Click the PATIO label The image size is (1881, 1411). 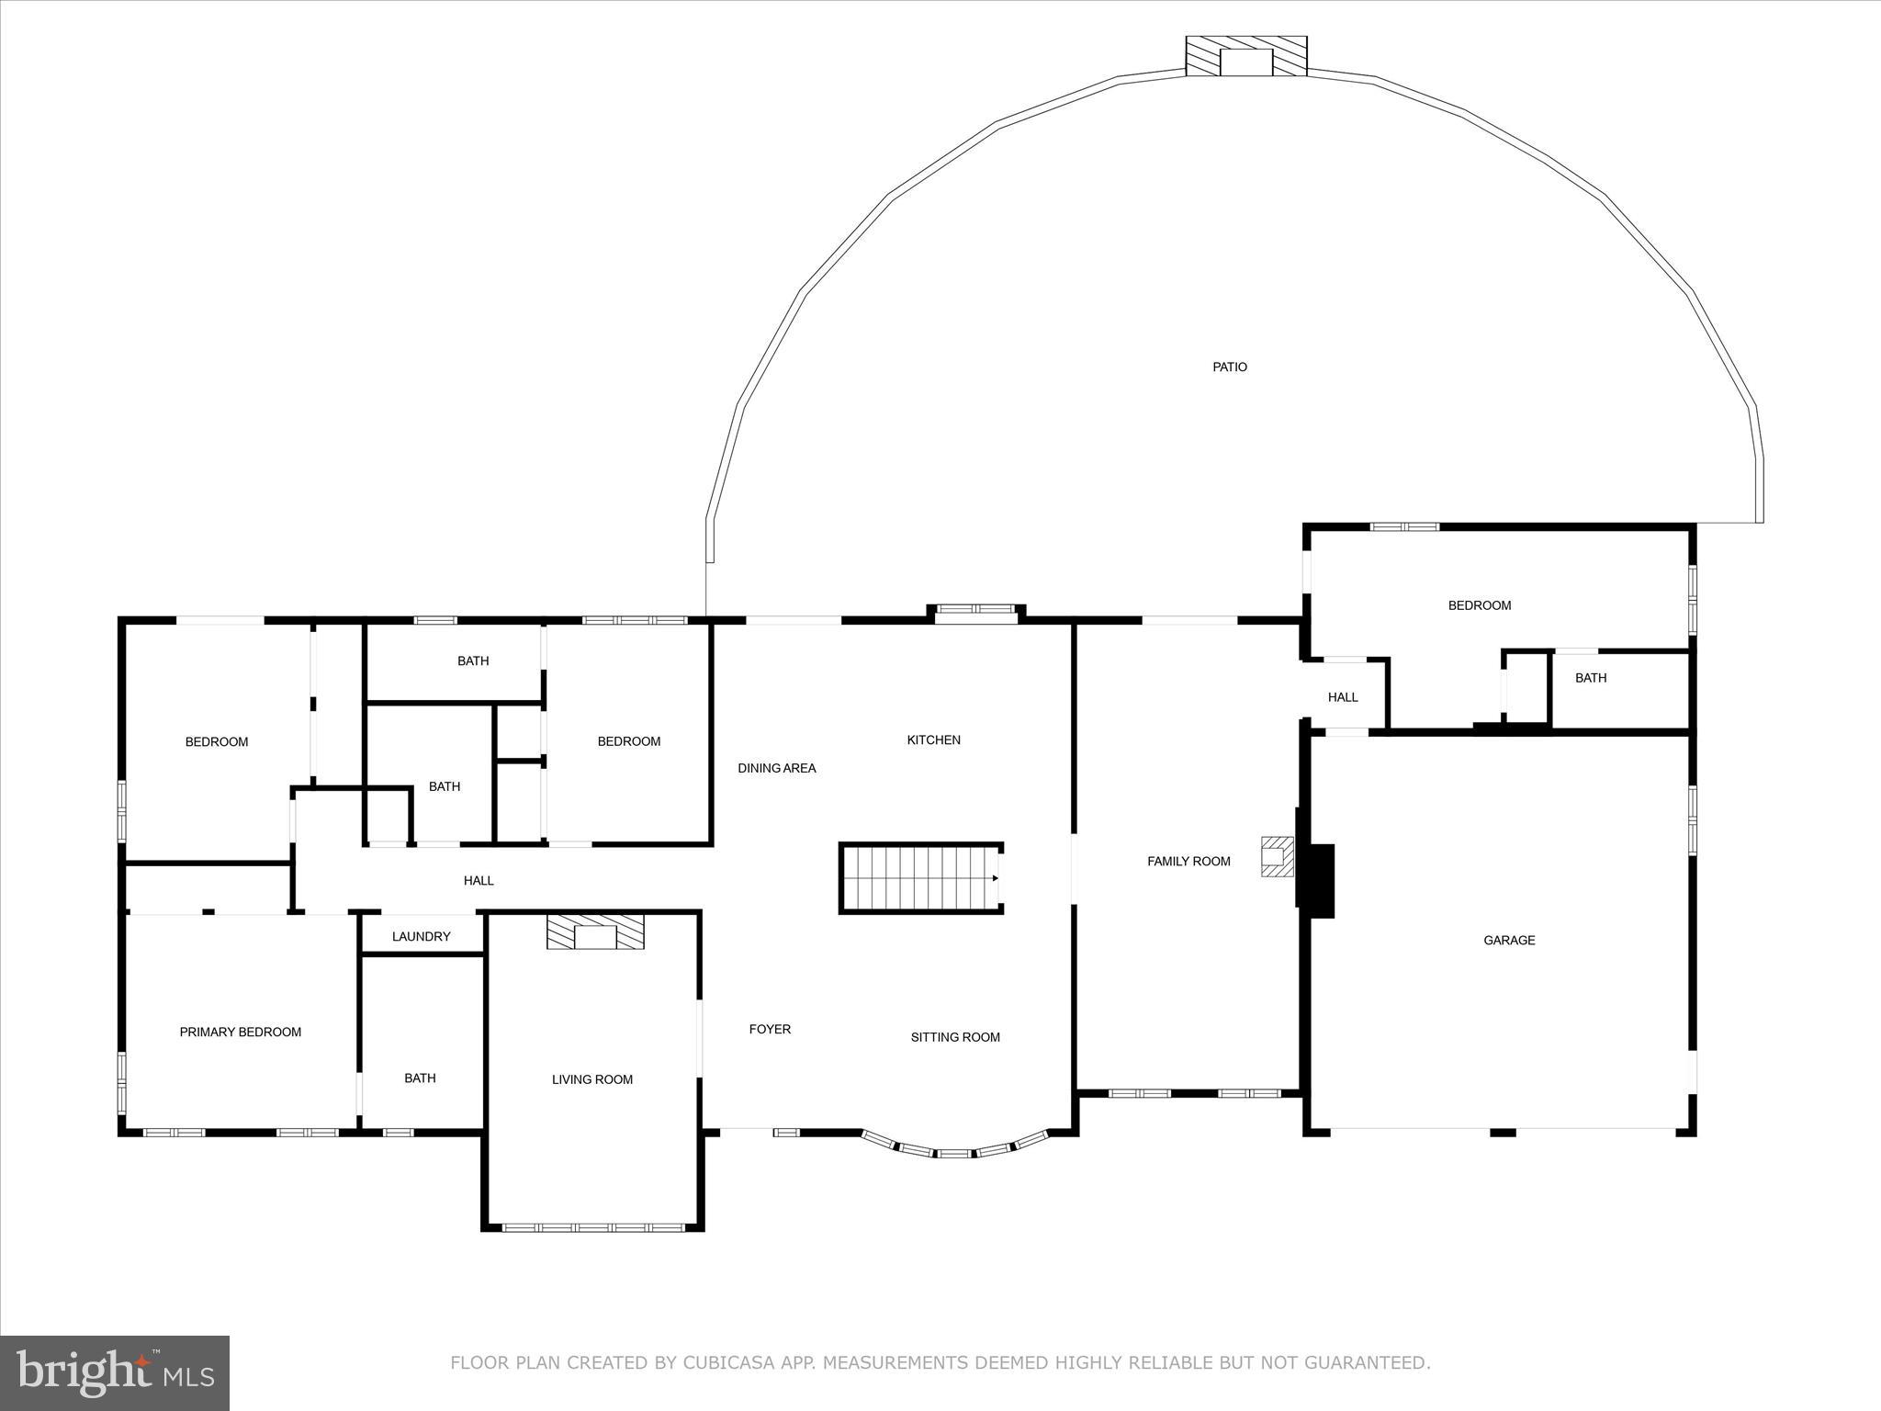(1229, 367)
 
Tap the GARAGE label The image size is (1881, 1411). (1509, 940)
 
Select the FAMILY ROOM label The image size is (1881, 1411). (1188, 861)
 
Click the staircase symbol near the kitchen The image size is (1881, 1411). (920, 878)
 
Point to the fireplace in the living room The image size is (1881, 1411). (595, 931)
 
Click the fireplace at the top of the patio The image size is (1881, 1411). (1245, 57)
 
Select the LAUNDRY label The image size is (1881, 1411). (421, 936)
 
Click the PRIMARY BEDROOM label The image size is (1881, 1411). (240, 1032)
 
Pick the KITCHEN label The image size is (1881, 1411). (933, 739)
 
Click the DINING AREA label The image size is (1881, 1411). (776, 768)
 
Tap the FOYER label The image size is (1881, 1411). (770, 1029)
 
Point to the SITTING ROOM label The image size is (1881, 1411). (955, 1037)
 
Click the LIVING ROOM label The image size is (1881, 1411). (591, 1079)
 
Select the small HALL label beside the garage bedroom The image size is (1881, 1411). (1342, 697)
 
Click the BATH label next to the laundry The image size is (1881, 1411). (420, 1078)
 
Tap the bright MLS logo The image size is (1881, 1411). (115, 1372)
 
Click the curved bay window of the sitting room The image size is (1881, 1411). (954, 1151)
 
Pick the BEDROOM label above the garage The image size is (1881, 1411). (1479, 605)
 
